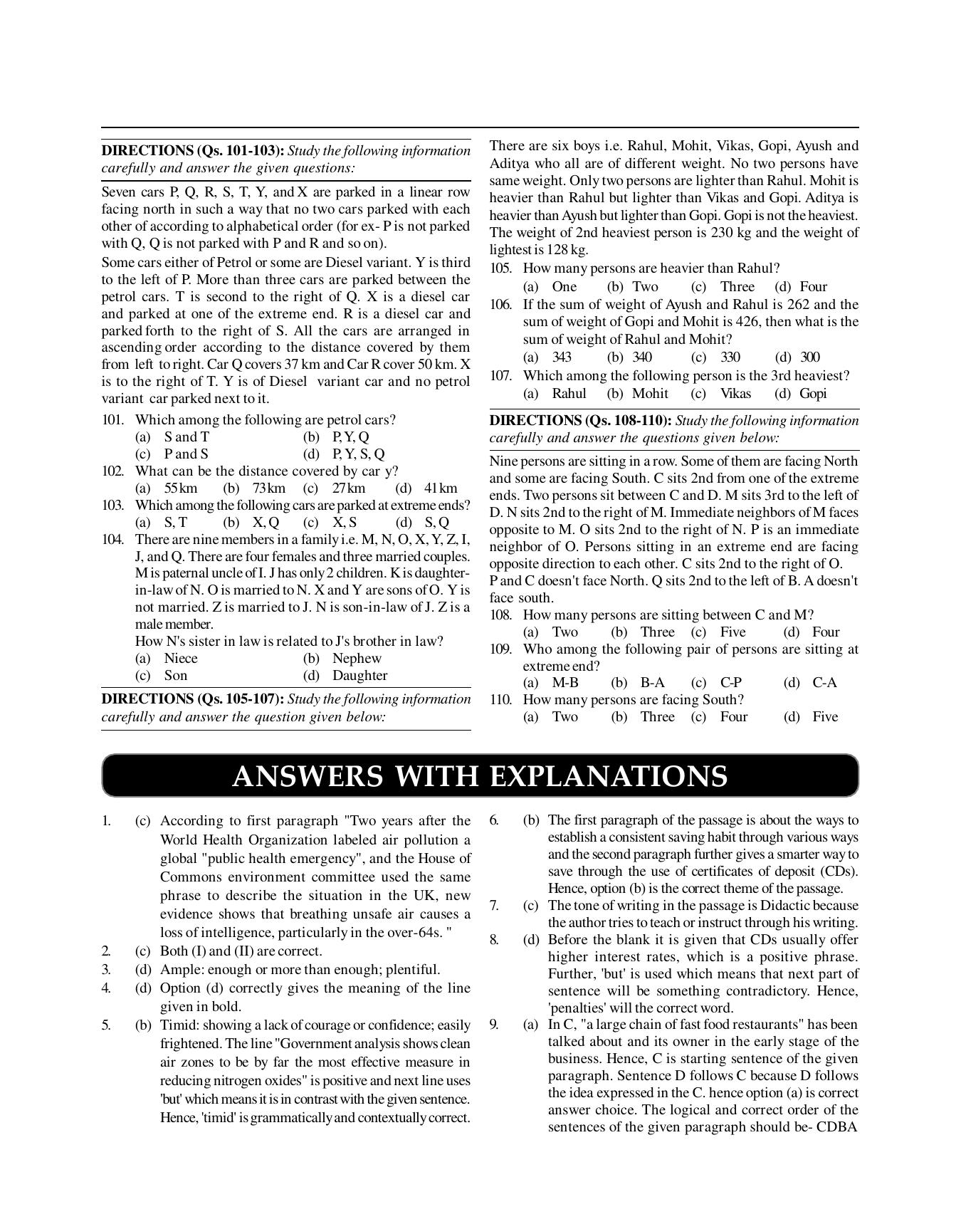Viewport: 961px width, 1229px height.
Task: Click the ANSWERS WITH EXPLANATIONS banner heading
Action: coord(480,776)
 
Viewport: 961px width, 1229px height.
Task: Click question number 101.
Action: coord(112,420)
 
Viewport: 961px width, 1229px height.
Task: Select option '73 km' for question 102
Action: coord(268,488)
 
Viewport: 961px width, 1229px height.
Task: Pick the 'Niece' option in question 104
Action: coord(181,659)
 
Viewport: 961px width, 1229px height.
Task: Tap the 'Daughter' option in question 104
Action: coord(359,676)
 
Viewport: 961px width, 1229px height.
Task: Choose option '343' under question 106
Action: coord(562,357)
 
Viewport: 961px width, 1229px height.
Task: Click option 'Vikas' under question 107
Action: coord(735,394)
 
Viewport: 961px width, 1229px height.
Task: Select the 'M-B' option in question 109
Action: coord(565,683)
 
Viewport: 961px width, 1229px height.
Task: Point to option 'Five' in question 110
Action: coord(825,717)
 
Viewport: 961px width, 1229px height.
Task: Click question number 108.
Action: coord(500,615)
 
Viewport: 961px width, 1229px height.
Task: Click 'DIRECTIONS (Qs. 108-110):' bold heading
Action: coord(580,421)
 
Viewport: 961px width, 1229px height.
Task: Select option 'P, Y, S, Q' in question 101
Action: coord(358,454)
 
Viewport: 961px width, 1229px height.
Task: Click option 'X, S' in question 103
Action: coord(344,523)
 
